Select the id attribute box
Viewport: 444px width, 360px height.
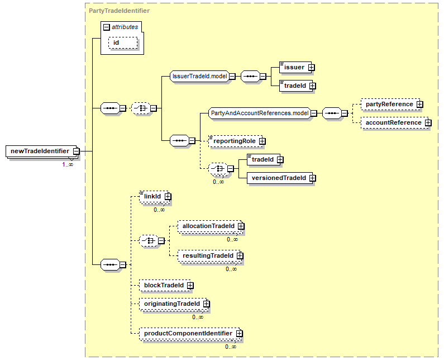point(123,43)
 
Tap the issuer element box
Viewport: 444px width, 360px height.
point(295,67)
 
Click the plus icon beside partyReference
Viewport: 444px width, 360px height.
point(420,105)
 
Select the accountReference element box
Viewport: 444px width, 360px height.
point(395,123)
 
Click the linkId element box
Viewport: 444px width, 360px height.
point(154,196)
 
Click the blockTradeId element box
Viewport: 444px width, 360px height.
point(165,286)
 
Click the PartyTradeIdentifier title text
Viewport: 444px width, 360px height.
point(119,11)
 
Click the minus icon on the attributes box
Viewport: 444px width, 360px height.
point(107,27)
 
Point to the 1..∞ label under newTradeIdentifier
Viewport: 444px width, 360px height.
point(68,164)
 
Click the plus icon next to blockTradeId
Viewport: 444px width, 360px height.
point(190,286)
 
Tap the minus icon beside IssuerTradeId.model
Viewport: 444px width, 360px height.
point(232,76)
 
